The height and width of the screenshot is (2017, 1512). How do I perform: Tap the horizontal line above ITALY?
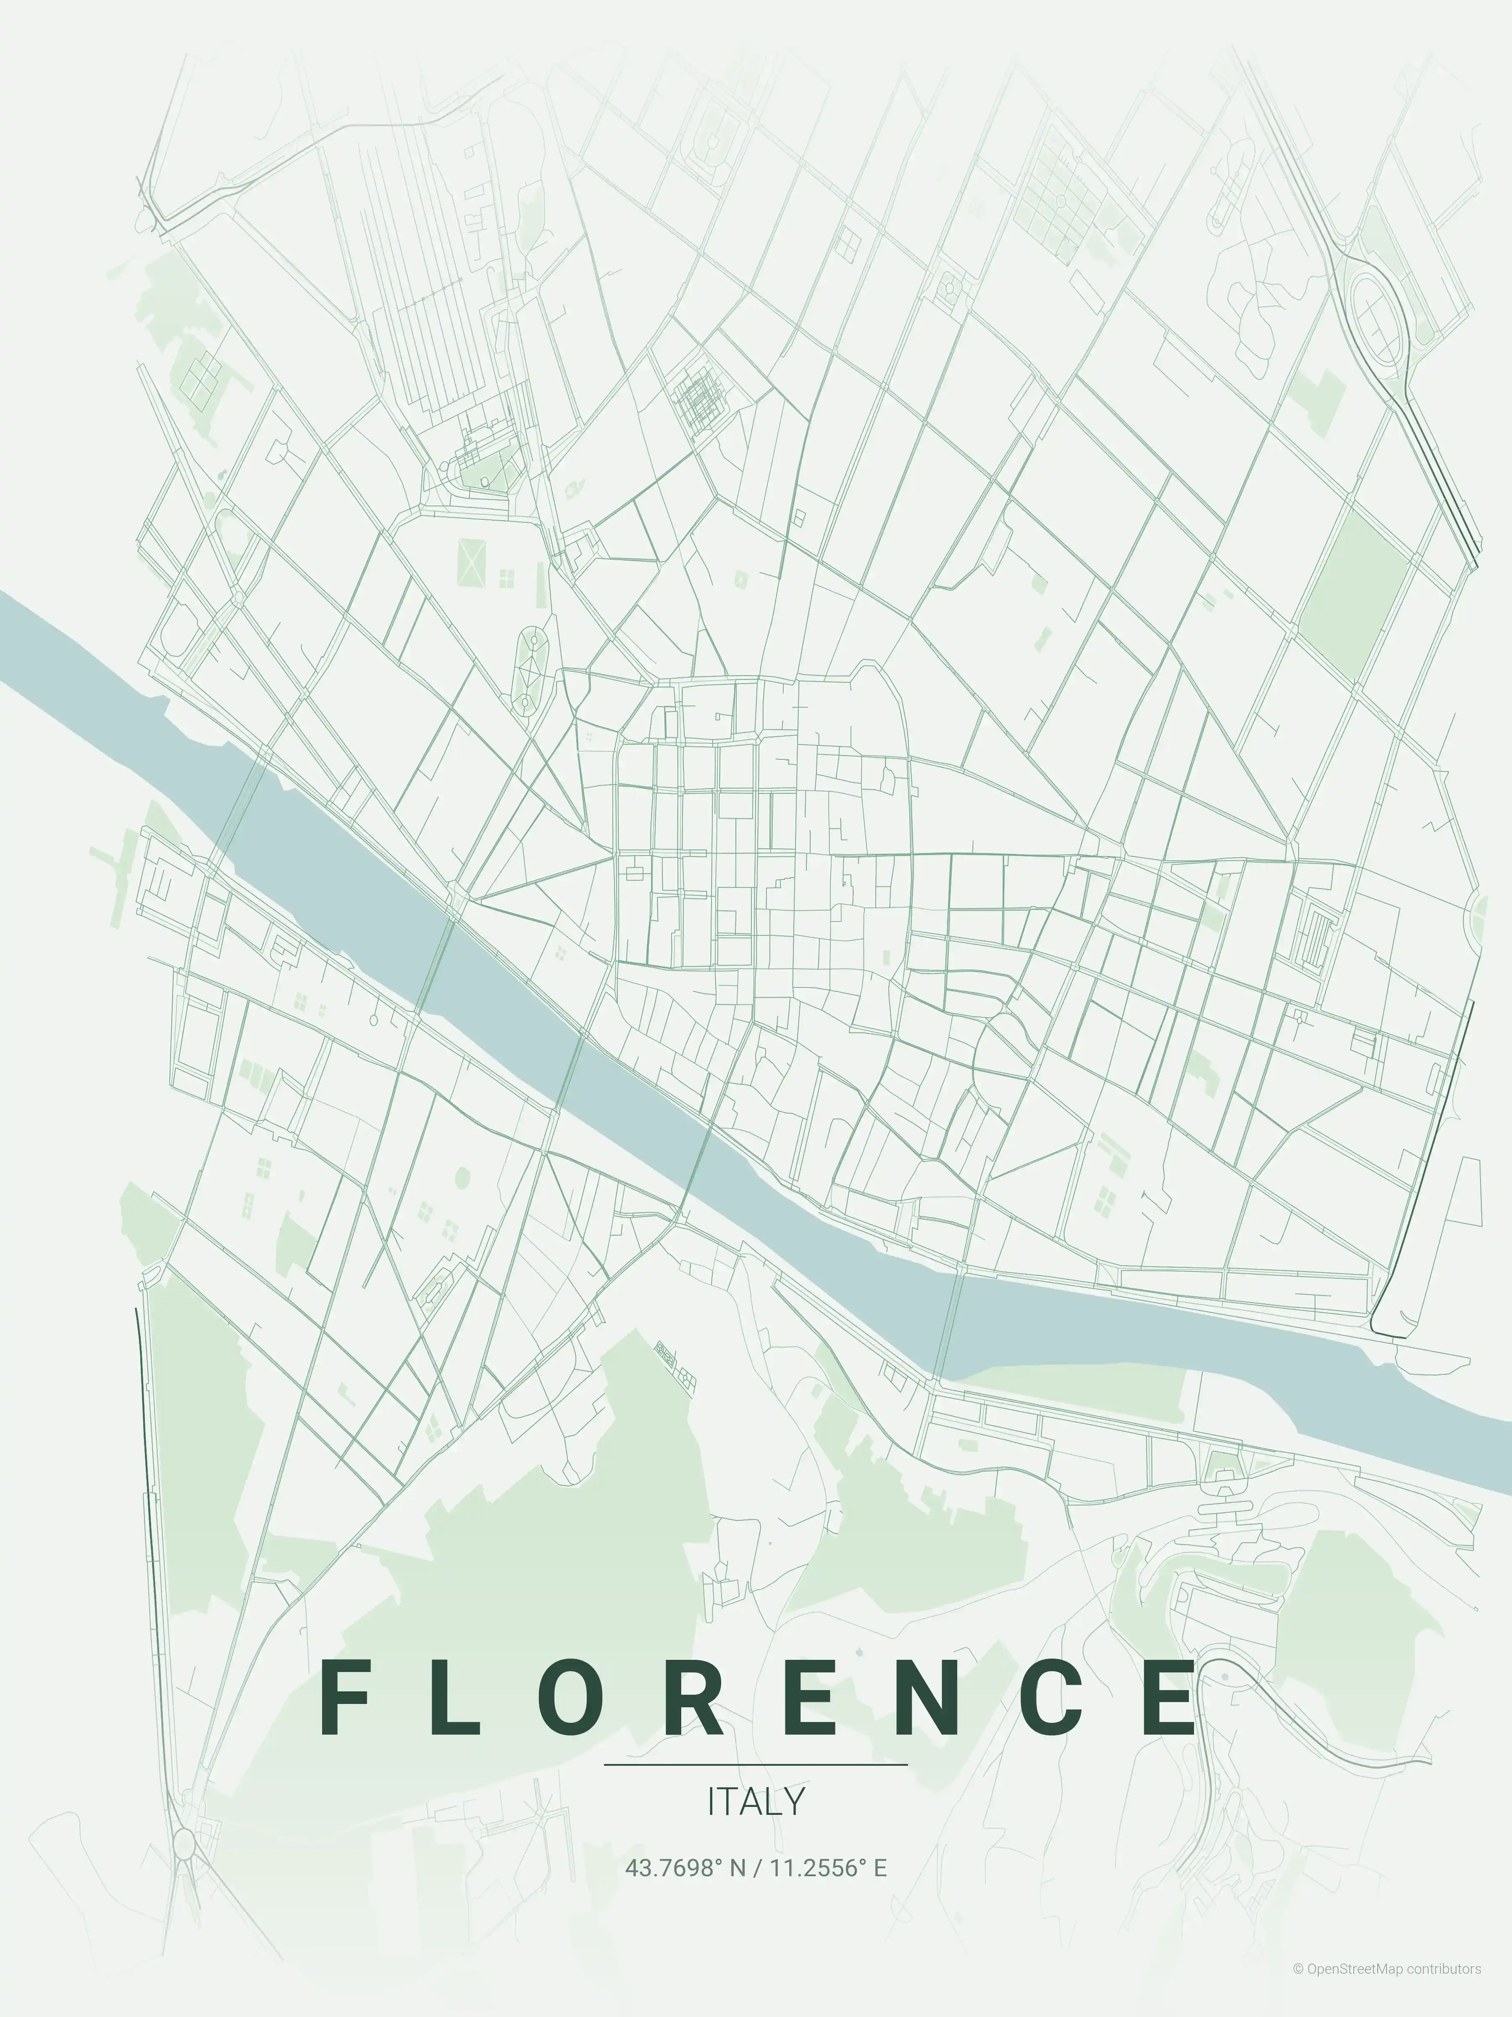pyautogui.click(x=756, y=1764)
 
